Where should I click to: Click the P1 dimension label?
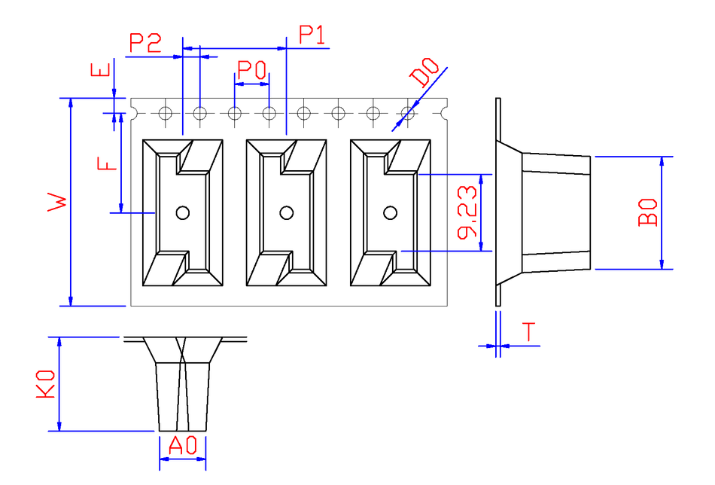click(x=312, y=35)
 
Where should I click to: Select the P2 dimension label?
click(x=145, y=43)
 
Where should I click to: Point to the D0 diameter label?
click(x=424, y=72)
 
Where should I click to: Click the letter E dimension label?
click(x=101, y=70)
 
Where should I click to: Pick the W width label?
click(x=57, y=201)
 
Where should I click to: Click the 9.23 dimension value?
click(x=467, y=212)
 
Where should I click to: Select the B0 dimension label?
click(x=648, y=212)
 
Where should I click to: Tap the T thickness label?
click(x=529, y=331)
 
